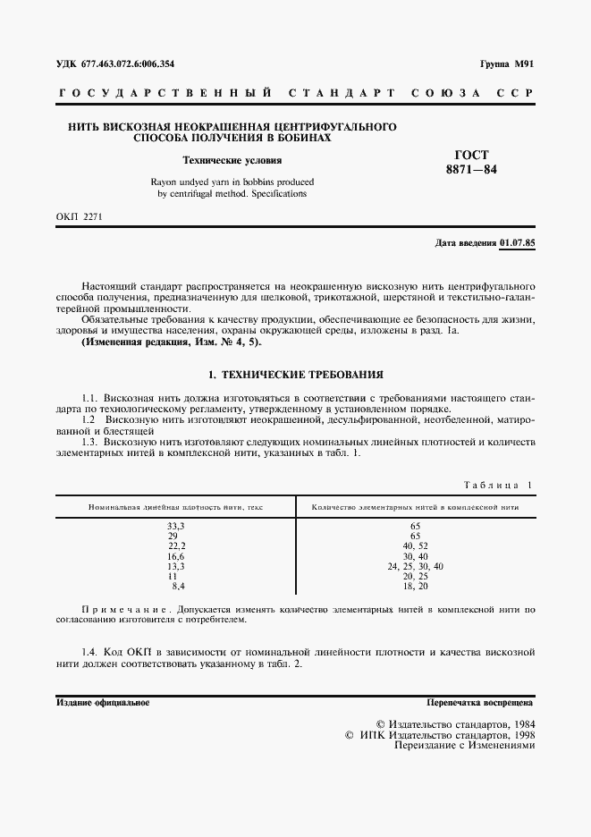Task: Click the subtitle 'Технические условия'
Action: [232, 161]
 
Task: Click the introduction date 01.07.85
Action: [516, 242]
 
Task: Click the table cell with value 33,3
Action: [176, 526]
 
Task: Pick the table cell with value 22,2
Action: [176, 545]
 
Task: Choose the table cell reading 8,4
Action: [178, 586]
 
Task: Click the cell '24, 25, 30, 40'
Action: [415, 566]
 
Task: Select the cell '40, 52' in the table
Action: [415, 545]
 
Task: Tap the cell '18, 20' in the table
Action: [415, 586]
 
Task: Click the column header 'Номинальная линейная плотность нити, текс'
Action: [176, 507]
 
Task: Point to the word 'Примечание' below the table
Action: [123, 609]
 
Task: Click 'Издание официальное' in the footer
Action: [103, 703]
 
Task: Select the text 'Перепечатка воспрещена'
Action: [480, 703]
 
